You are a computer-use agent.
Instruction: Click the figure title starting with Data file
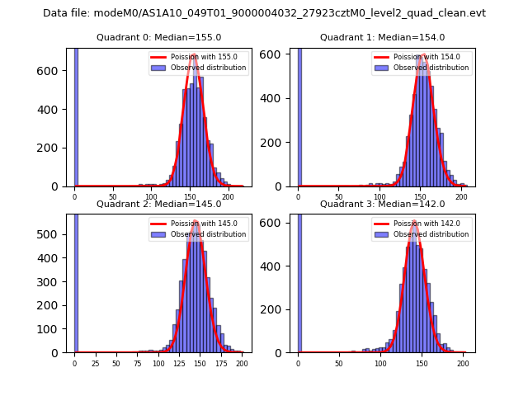pyautogui.click(x=264, y=13)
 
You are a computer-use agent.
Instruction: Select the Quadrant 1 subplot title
pyautogui.click(x=382, y=37)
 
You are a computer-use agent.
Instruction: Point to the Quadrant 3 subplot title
pyautogui.click(x=382, y=204)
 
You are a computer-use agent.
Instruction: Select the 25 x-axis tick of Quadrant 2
pyautogui.click(x=95, y=363)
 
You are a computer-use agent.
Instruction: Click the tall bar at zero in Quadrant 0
pyautogui.click(x=76, y=115)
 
